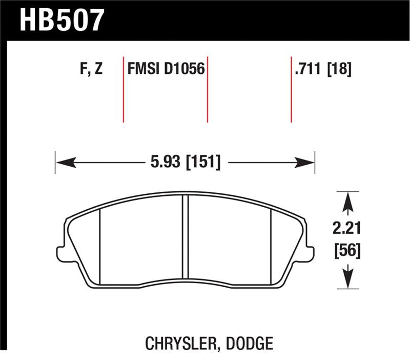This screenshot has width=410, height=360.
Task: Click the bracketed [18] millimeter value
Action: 339,69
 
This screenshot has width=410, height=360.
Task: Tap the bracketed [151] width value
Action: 203,163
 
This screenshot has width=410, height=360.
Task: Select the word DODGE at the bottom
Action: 248,343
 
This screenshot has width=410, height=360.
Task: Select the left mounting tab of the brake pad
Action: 59,253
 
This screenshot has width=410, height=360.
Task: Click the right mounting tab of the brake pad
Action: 310,253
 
